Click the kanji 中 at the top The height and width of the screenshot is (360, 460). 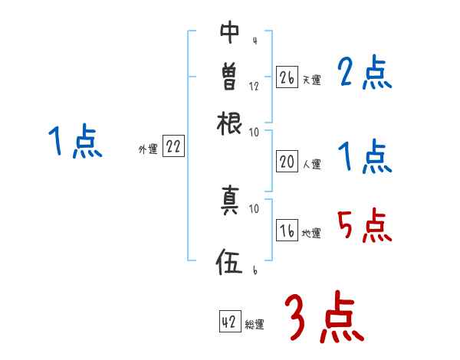(x=229, y=33)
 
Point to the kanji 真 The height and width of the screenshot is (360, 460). (x=229, y=201)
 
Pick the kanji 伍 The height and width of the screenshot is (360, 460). (x=229, y=263)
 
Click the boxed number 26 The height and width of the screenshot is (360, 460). (x=287, y=78)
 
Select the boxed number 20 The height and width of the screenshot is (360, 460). (x=287, y=162)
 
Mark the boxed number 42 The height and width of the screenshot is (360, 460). (x=229, y=322)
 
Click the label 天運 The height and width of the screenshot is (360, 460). (x=311, y=80)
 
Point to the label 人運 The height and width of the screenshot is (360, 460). (x=311, y=163)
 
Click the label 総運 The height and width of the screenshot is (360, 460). (x=255, y=324)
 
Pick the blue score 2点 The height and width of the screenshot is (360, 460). (x=364, y=74)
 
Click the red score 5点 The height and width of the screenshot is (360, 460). (x=364, y=225)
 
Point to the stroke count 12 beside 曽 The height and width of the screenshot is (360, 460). (x=254, y=87)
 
